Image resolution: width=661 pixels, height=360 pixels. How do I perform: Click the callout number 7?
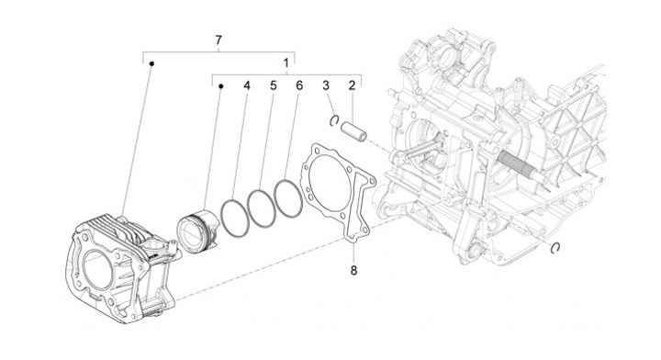(218, 40)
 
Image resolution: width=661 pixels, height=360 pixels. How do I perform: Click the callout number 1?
(286, 63)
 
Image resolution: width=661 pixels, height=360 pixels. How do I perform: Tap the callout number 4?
(247, 85)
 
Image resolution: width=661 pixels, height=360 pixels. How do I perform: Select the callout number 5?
(274, 85)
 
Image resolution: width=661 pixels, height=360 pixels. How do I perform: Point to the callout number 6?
(299, 85)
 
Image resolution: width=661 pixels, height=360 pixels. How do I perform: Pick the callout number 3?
(325, 85)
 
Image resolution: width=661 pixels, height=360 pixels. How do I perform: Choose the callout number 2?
(352, 85)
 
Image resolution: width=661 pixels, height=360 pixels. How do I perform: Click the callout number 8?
(353, 270)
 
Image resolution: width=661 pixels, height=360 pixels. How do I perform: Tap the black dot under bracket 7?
(151, 63)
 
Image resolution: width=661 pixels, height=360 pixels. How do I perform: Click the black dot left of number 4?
(220, 86)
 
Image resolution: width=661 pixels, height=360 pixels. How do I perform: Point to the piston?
(197, 231)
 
